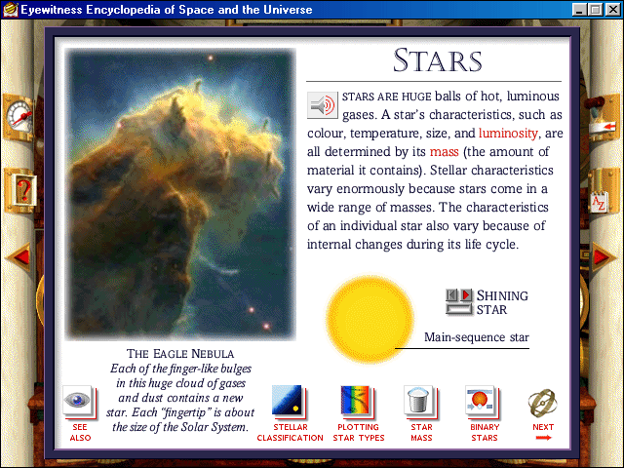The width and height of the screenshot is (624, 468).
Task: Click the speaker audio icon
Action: click(x=323, y=105)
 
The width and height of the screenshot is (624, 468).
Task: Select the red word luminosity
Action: click(x=508, y=133)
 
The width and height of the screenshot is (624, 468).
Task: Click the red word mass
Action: click(x=445, y=152)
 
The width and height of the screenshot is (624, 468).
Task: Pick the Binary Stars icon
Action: click(x=482, y=401)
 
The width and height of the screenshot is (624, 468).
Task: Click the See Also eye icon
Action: click(x=79, y=401)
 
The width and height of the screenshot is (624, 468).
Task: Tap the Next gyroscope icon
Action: click(x=542, y=403)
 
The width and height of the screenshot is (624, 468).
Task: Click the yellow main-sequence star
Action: click(x=370, y=320)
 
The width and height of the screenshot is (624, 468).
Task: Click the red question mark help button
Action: click(x=22, y=191)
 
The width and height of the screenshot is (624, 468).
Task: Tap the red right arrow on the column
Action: click(x=604, y=256)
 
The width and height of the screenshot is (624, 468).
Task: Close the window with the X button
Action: click(x=612, y=9)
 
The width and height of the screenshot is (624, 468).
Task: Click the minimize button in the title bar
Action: click(x=580, y=9)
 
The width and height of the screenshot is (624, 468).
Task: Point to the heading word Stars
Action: click(x=438, y=60)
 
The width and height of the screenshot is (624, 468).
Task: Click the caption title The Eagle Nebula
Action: click(x=180, y=353)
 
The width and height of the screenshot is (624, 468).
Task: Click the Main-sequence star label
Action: click(x=477, y=337)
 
